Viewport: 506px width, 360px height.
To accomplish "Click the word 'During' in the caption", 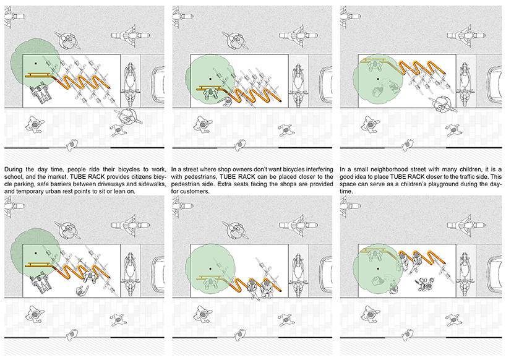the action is pos(13,169).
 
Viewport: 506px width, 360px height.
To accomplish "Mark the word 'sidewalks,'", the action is pos(152,184).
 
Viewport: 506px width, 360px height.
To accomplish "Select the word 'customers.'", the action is pos(196,191).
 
